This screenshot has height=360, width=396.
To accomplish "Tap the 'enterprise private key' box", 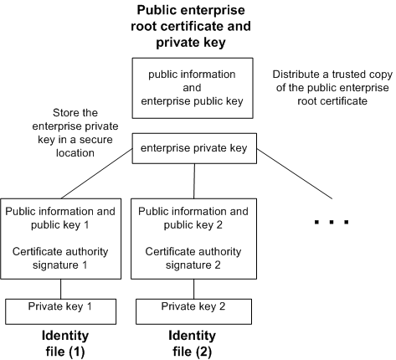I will click(x=194, y=150).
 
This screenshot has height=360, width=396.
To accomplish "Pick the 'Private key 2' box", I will click(x=194, y=306).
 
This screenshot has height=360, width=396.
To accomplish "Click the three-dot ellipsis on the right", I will click(x=330, y=222).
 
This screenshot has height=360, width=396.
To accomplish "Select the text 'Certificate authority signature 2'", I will click(x=194, y=257).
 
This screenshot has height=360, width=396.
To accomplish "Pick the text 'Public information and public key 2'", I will click(x=194, y=218).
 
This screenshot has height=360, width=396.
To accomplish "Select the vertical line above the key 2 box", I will click(x=194, y=180).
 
